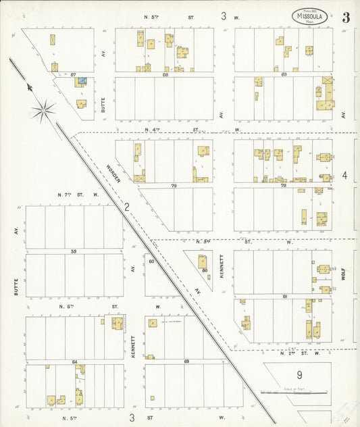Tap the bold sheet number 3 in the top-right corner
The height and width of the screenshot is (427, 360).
tap(345, 18)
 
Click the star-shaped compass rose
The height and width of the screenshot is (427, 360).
tap(43, 109)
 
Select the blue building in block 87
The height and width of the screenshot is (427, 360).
tap(81, 82)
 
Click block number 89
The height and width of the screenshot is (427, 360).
tap(284, 74)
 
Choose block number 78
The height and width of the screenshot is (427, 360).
tap(284, 184)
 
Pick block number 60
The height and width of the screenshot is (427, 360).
tap(151, 261)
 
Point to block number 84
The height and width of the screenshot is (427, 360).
tap(74, 362)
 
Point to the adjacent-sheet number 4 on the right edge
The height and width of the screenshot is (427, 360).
tap(344, 176)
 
